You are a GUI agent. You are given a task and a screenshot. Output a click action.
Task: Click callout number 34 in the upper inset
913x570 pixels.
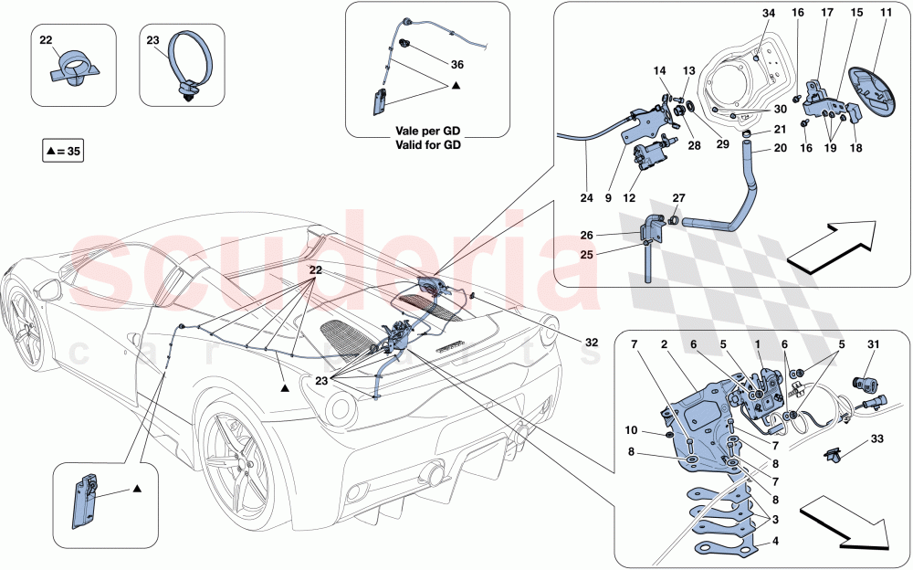[x=768, y=15]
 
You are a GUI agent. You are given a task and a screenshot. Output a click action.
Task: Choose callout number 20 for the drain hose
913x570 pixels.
[x=780, y=148]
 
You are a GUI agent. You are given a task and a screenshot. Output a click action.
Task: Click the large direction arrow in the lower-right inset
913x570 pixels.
[x=845, y=523]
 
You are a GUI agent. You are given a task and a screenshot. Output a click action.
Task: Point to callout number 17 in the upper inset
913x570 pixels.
[x=827, y=15]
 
